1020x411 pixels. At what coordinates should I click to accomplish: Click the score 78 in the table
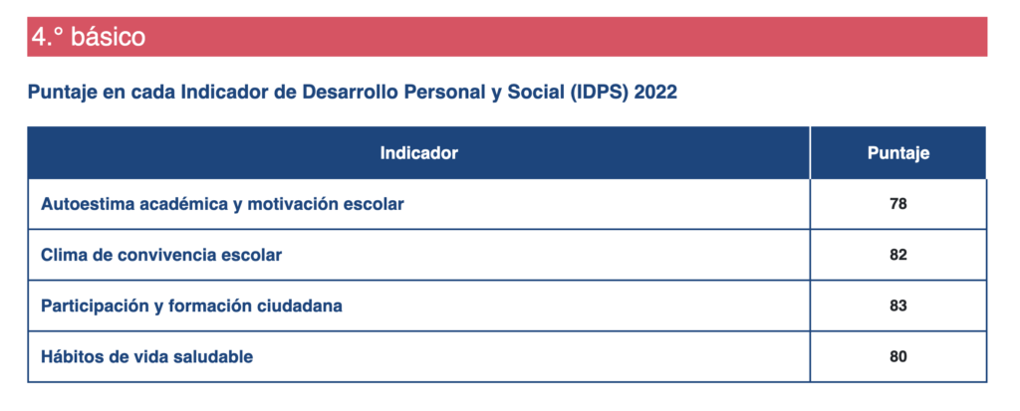pos(897,204)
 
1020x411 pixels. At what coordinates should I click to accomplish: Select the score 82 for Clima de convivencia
pos(897,255)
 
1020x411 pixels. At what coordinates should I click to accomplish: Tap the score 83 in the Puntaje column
pos(897,306)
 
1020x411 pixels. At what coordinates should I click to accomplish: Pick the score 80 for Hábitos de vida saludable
pos(897,356)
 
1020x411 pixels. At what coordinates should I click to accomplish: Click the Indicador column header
pos(419,153)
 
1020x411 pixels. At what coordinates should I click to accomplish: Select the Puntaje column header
pos(898,153)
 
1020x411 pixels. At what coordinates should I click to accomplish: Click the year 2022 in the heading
pos(655,93)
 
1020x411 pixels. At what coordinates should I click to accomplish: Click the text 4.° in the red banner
pos(48,37)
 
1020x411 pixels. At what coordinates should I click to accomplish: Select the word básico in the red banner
pos(108,37)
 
